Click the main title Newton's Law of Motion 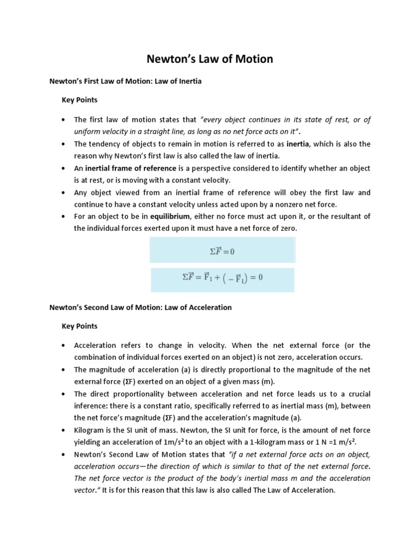pyautogui.click(x=210, y=59)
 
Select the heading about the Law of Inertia pyautogui.click(x=125, y=81)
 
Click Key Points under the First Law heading pyautogui.click(x=79, y=101)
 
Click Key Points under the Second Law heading pyautogui.click(x=79, y=326)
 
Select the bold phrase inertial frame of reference pyautogui.click(x=131, y=168)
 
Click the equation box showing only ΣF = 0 pyautogui.click(x=223, y=252)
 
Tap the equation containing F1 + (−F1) pyautogui.click(x=223, y=278)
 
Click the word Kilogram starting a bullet pyautogui.click(x=91, y=430)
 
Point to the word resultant pyautogui.click(x=339, y=217)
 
